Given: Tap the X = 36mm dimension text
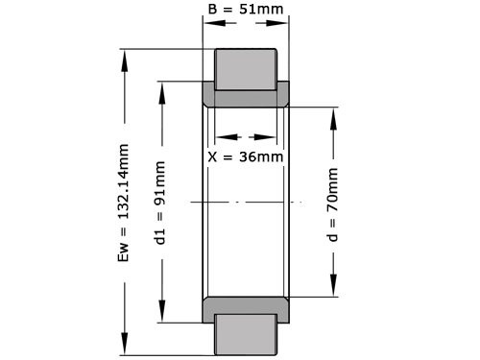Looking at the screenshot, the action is (246, 156).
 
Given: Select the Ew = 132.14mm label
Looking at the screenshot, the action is (124, 204).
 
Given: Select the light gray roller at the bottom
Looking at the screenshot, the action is (246, 335).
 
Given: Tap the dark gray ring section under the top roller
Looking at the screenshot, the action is (246, 96).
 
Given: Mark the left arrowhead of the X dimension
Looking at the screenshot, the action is (217, 135).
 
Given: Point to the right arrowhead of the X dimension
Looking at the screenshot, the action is (276, 135).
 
